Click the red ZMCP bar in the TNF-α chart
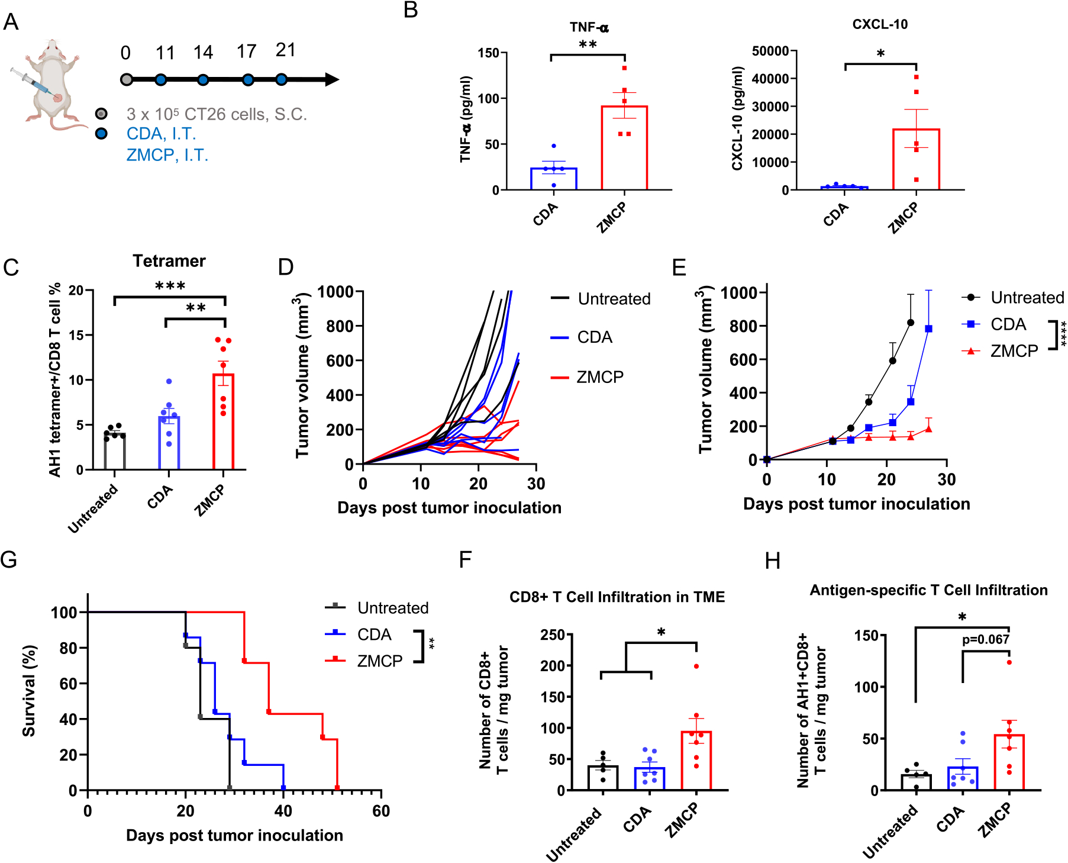[x=624, y=148]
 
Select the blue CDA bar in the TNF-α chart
[x=553, y=179]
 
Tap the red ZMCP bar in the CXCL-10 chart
[x=916, y=160]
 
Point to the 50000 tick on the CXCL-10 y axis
[x=770, y=51]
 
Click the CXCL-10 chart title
[x=880, y=24]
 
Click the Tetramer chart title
[x=169, y=261]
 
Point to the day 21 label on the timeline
[x=285, y=50]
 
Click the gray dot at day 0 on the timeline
[x=126, y=79]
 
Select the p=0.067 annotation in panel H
[x=985, y=639]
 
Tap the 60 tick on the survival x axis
[x=381, y=811]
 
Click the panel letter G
[x=9, y=560]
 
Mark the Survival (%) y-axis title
[x=28, y=691]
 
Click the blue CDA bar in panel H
[x=963, y=778]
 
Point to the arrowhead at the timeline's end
[x=332, y=79]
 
